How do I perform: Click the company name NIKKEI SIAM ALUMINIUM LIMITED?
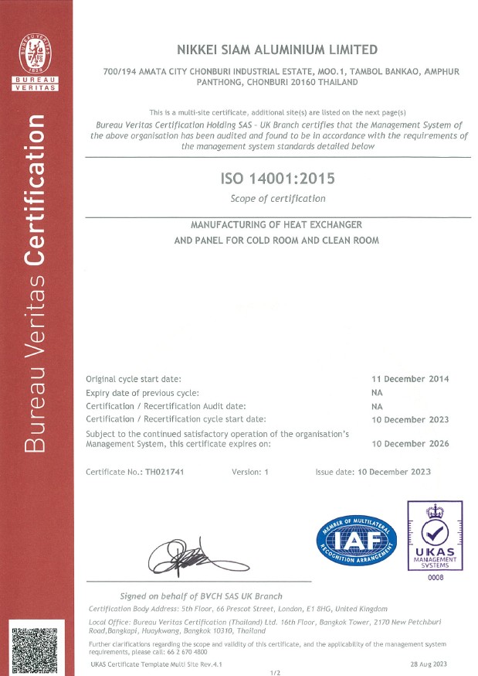pyautogui.click(x=278, y=50)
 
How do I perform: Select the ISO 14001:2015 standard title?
pyautogui.click(x=278, y=179)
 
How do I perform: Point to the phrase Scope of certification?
pyautogui.click(x=278, y=199)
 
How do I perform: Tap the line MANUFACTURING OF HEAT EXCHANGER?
pyautogui.click(x=276, y=224)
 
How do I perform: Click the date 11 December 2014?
pyautogui.click(x=410, y=379)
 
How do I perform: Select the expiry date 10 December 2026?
pyautogui.click(x=410, y=444)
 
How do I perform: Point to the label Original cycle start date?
pyautogui.click(x=134, y=379)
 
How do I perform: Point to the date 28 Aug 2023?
pyautogui.click(x=429, y=664)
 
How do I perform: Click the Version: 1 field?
pyautogui.click(x=249, y=472)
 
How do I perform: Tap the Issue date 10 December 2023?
pyautogui.click(x=373, y=472)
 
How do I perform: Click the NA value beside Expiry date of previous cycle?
pyautogui.click(x=377, y=392)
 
